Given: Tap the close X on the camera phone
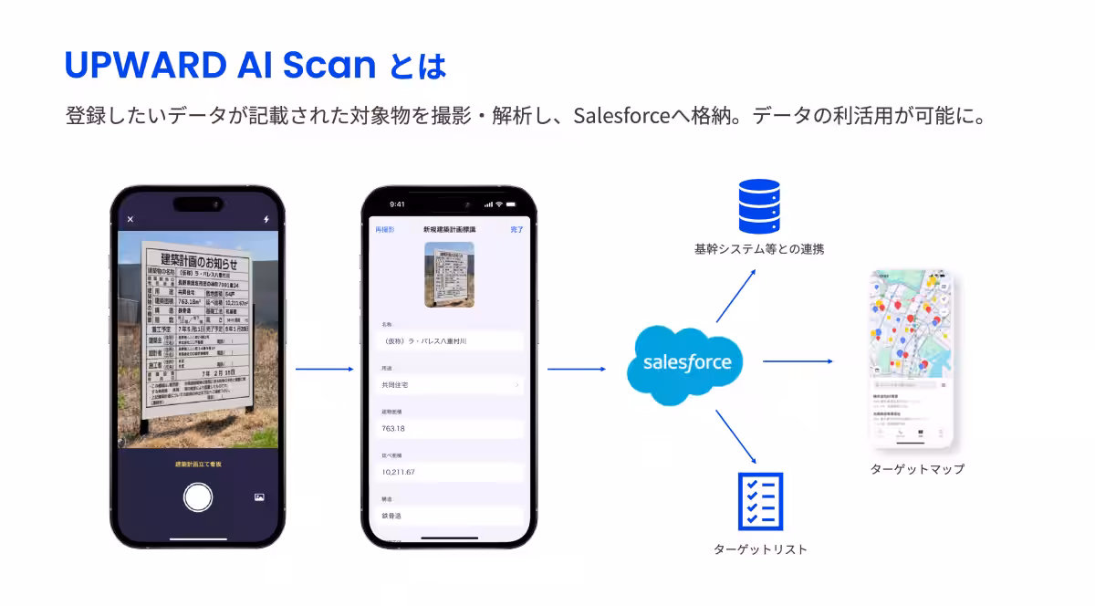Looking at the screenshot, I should coord(130,219).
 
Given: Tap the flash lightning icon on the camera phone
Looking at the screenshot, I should coord(266,219).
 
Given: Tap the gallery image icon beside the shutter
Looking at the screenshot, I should coord(259,497).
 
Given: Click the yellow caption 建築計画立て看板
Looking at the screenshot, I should coord(198,465).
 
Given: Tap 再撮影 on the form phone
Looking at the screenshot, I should coord(385,230).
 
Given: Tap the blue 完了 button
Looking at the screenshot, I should coord(516,230).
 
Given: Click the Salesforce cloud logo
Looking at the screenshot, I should coord(687,362).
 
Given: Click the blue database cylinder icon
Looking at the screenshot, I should coord(759,207).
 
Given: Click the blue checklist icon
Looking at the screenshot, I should coord(760,501).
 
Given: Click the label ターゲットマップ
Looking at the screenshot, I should coord(917,469).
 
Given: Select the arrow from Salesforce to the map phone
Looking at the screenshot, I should coord(798,361).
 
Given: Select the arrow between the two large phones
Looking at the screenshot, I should coord(324,369).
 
